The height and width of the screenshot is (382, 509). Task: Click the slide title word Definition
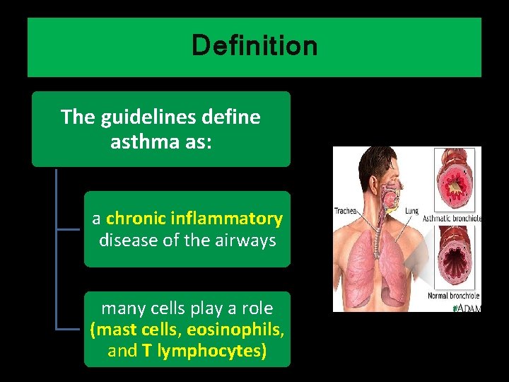pyautogui.click(x=255, y=47)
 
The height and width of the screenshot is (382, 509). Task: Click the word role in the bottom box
pyautogui.click(x=257, y=308)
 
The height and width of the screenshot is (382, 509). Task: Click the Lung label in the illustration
pyautogui.click(x=411, y=210)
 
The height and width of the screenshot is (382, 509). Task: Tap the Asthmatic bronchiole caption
pyautogui.click(x=452, y=219)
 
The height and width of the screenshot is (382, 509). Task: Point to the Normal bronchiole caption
pyautogui.click(x=454, y=295)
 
